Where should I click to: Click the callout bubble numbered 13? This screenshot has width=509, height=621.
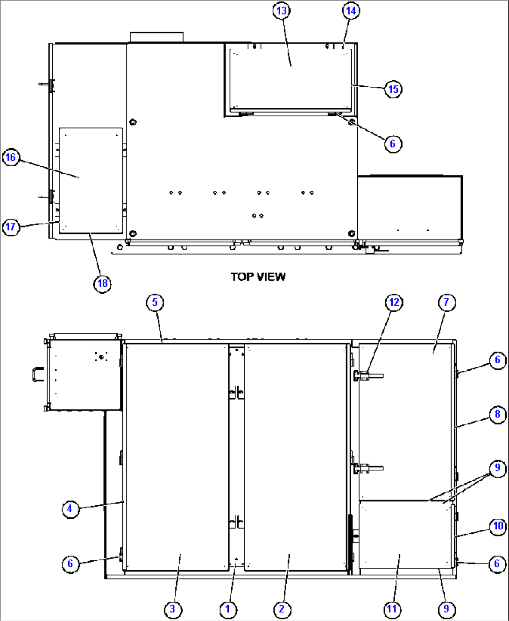click(282, 11)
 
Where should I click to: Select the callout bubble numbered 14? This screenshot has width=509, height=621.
click(351, 11)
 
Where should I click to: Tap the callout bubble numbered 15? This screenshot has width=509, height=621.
click(393, 89)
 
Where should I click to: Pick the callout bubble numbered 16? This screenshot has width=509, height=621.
click(11, 157)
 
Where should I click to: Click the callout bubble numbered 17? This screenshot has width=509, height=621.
click(11, 227)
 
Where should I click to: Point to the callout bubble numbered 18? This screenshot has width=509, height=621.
click(102, 283)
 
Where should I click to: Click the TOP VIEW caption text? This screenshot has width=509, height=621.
click(258, 277)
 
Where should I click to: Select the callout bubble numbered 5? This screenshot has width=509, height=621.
click(155, 303)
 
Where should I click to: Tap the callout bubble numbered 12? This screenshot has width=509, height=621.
click(394, 303)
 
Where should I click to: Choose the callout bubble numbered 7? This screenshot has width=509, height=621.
click(446, 303)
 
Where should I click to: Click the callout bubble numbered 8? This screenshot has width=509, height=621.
click(497, 414)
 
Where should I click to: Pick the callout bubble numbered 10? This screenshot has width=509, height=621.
click(498, 526)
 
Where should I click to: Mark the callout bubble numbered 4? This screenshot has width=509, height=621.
click(70, 508)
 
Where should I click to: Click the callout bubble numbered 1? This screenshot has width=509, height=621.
click(228, 609)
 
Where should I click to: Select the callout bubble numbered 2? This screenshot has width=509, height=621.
click(282, 609)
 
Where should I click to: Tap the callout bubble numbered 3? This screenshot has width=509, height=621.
click(173, 609)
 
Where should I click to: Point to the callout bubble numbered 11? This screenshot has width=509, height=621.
click(391, 609)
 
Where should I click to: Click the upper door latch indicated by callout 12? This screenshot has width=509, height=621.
click(368, 375)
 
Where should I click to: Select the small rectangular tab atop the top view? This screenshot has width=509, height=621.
click(156, 37)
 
